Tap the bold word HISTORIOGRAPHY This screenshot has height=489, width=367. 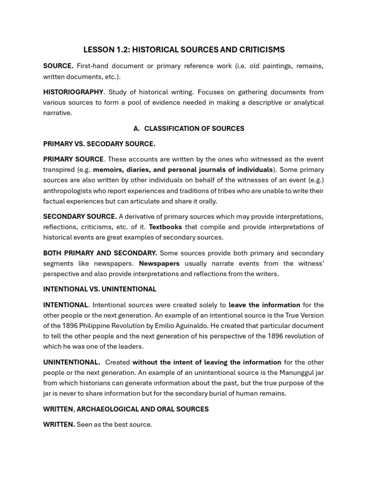(73, 92)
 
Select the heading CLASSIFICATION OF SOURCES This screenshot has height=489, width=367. (194, 128)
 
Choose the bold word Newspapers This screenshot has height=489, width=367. (159, 264)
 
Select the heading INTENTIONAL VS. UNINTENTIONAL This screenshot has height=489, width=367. (100, 289)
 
